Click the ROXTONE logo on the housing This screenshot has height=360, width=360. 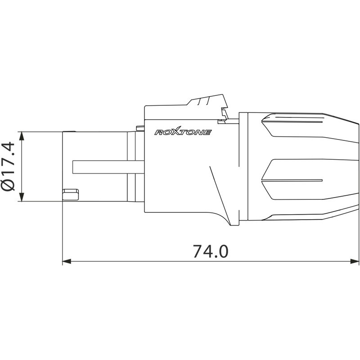pos(183,132)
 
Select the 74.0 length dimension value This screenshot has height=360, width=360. pos(211,251)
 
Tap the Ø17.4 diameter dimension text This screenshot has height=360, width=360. pos(9,166)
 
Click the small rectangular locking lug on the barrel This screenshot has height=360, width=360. pos(70,194)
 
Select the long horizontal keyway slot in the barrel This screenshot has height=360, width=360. pos(108,166)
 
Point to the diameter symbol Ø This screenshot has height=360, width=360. pos(9,185)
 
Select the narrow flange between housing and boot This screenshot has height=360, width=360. pos(243,166)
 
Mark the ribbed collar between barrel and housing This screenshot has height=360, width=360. pos(131,166)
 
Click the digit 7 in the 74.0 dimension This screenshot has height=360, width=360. pos(198,251)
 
